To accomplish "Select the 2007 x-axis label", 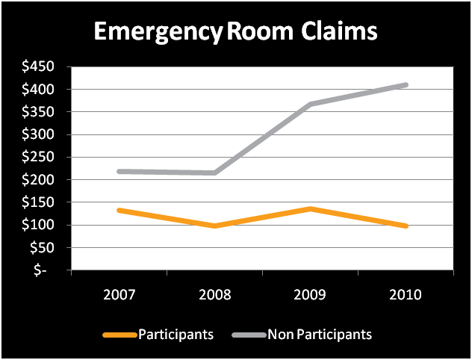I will point(119,294).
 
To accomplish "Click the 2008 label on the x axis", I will point(214,294).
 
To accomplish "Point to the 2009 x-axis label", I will point(310,294).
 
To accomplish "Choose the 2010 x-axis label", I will point(406,294).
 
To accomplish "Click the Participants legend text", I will point(176,334).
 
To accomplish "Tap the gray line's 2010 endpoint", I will point(406,85).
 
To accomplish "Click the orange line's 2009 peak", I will point(310,208).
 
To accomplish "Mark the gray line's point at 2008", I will point(214,173).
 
